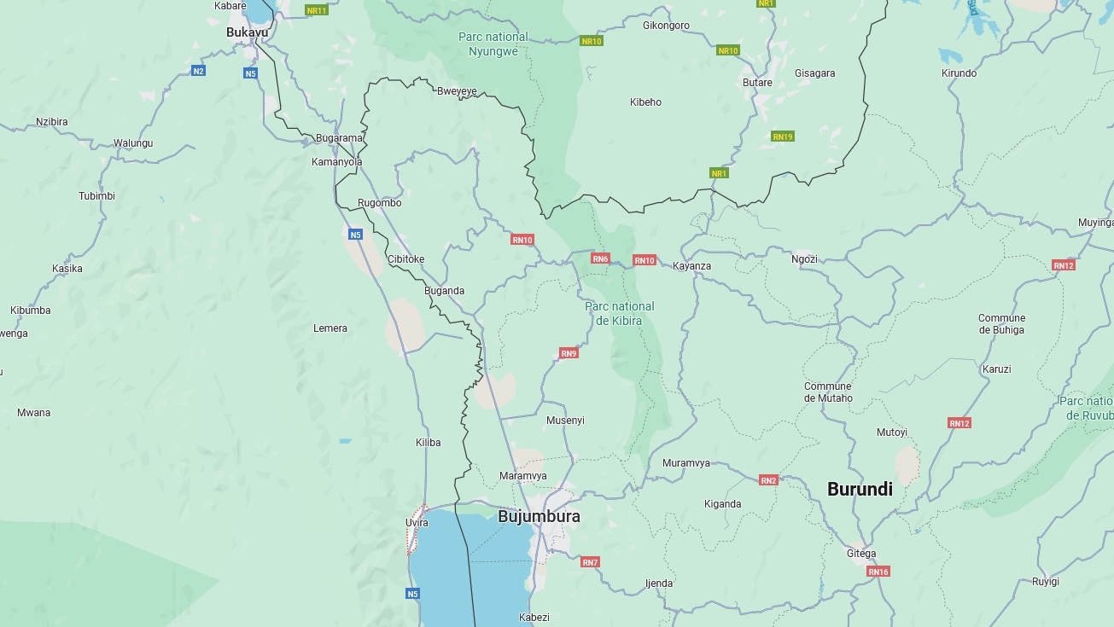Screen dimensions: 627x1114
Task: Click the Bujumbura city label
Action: [539, 516]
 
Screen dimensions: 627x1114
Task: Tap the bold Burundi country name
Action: [860, 489]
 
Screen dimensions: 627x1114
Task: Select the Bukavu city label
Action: [247, 32]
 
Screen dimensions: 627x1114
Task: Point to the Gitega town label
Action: [861, 553]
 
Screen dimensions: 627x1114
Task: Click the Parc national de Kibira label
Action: [620, 313]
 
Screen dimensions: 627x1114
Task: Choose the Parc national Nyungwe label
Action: [493, 44]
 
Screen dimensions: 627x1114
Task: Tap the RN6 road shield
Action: [600, 258]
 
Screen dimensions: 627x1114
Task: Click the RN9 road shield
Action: [569, 353]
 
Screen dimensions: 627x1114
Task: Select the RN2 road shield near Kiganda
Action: [768, 480]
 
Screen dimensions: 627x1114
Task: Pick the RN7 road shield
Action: [590, 562]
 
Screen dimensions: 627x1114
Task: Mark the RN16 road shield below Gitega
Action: [878, 572]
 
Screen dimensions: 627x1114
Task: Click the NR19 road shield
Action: [782, 136]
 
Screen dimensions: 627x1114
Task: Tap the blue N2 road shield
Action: [198, 71]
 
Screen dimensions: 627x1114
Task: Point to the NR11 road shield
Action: [317, 10]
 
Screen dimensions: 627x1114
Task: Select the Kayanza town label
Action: [691, 266]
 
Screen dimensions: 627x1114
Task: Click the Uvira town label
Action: [417, 522]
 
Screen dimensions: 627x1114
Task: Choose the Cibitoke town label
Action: [405, 259]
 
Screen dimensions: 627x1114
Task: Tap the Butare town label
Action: [757, 83]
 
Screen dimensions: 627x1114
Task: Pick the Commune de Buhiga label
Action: [1001, 324]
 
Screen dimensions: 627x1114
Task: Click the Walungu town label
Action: [133, 143]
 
